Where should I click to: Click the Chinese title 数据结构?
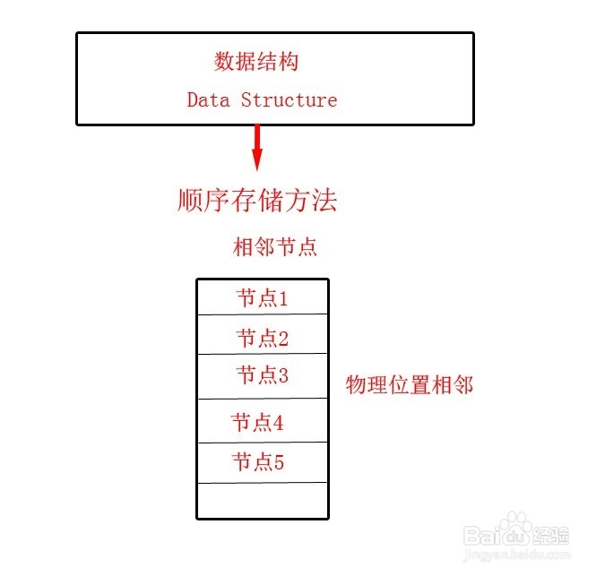pyautogui.click(x=256, y=62)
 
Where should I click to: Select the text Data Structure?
pyautogui.click(x=262, y=99)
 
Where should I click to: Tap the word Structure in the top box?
pyautogui.click(x=289, y=99)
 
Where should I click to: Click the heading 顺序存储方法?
pyautogui.click(x=257, y=200)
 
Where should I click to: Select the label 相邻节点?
pyautogui.click(x=275, y=247)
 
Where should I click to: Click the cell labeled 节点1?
pyautogui.click(x=263, y=298)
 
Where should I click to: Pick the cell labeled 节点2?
pyautogui.click(x=263, y=337)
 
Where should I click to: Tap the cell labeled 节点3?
pyautogui.click(x=263, y=375)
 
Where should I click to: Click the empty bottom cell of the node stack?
pyautogui.click(x=263, y=500)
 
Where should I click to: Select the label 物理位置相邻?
pyautogui.click(x=410, y=386)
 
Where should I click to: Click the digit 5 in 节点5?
pyautogui.click(x=279, y=462)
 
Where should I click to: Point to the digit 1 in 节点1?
pyautogui.click(x=283, y=298)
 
